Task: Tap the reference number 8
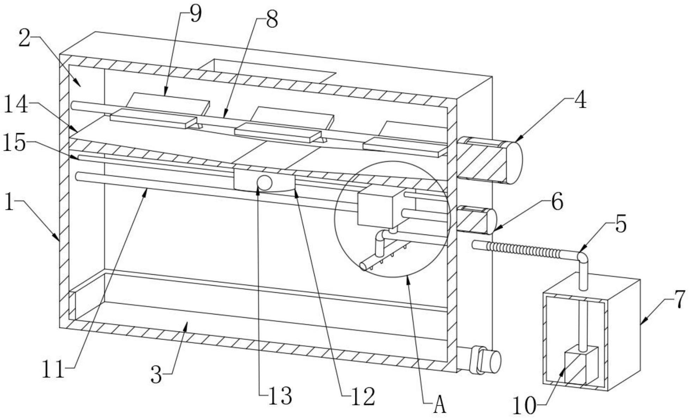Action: click(272, 19)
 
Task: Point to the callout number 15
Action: click(15, 144)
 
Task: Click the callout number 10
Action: click(524, 406)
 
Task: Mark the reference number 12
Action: click(363, 397)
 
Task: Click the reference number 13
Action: click(280, 397)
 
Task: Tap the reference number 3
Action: click(156, 375)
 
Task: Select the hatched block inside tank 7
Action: click(581, 365)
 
